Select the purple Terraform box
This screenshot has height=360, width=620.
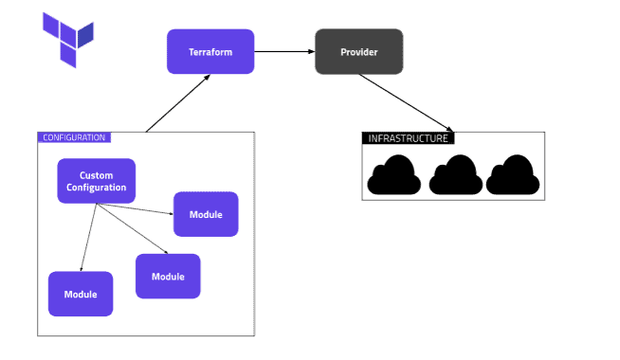click(x=210, y=51)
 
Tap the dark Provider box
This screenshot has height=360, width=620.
click(x=358, y=51)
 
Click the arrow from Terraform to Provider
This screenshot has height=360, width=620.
click(x=284, y=51)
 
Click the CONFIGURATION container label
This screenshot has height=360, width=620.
click(x=74, y=137)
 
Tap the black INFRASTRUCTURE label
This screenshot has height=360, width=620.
click(x=407, y=138)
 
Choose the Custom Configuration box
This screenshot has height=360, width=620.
click(x=96, y=181)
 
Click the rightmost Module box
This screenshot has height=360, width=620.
click(x=206, y=214)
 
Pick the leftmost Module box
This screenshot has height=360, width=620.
click(x=81, y=294)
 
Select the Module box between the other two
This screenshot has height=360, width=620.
click(x=168, y=277)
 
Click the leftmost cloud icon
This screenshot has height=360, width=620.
click(x=394, y=176)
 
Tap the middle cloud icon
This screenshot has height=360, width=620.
click(x=455, y=176)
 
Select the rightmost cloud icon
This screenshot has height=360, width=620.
click(x=513, y=176)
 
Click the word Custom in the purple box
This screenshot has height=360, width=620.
click(x=96, y=175)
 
